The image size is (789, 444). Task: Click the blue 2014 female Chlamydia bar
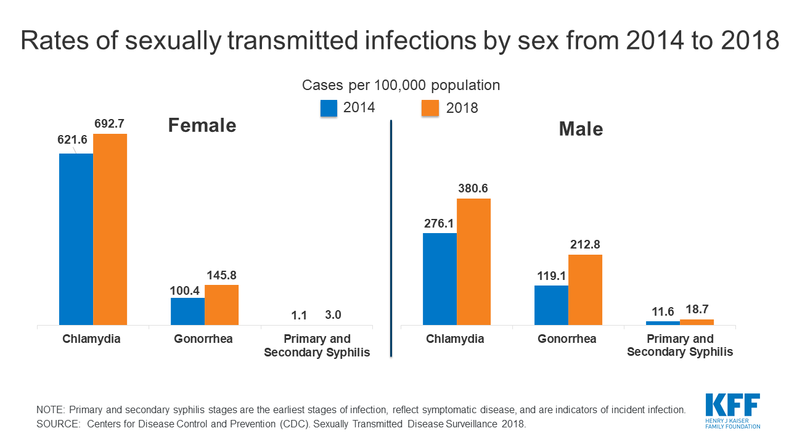click(x=76, y=239)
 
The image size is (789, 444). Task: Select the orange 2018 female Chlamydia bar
click(x=110, y=229)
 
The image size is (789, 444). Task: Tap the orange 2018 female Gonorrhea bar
click(x=221, y=305)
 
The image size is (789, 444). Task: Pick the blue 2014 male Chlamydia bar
click(x=439, y=279)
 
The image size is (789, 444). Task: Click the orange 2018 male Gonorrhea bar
click(x=585, y=290)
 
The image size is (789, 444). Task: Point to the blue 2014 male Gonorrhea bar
click(x=551, y=305)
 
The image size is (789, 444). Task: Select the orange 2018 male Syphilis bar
click(x=697, y=322)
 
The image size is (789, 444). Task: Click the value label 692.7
click(x=110, y=124)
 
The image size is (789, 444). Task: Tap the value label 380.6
click(x=473, y=189)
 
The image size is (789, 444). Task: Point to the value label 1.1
click(x=299, y=315)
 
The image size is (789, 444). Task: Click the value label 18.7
click(x=697, y=310)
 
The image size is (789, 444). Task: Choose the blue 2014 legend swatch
click(x=329, y=108)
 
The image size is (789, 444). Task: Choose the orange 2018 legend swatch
click(x=430, y=108)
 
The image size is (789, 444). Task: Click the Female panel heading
click(x=202, y=126)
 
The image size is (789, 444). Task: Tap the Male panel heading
click(x=581, y=129)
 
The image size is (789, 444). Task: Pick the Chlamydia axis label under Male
click(x=455, y=339)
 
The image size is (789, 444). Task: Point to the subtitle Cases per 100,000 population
click(x=401, y=85)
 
